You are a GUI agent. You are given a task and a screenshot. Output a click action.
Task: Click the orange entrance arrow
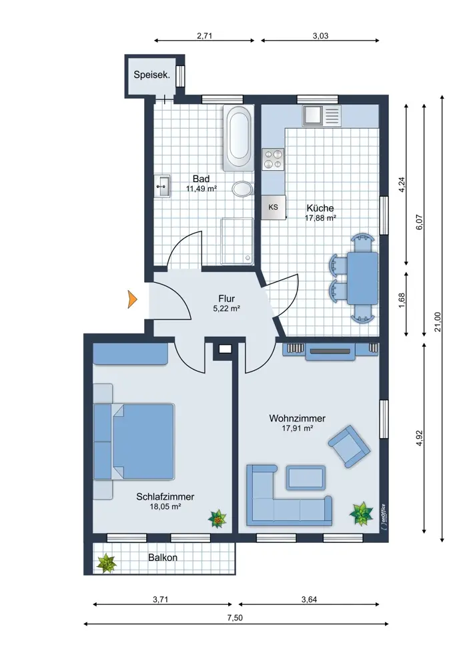(x=133, y=299)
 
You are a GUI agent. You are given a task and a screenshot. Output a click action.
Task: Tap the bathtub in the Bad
(x=238, y=138)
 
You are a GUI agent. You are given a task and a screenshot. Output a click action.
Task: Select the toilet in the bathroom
(x=243, y=189)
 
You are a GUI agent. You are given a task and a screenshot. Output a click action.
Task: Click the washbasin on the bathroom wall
(x=162, y=186)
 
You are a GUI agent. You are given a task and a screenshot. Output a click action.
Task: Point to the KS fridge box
(x=274, y=207)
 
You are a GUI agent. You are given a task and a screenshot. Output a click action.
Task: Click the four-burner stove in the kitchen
(x=273, y=159)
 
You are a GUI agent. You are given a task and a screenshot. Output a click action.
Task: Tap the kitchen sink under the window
(x=322, y=115)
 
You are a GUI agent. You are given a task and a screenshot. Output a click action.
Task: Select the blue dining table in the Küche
(x=362, y=278)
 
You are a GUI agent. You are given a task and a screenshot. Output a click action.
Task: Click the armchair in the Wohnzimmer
(x=350, y=446)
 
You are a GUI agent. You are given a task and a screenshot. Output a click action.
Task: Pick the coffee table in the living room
(x=306, y=478)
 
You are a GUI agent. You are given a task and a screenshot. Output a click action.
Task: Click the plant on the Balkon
(x=106, y=563)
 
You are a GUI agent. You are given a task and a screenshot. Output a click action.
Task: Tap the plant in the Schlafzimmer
(x=217, y=518)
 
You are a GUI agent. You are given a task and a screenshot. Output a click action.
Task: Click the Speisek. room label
(x=152, y=75)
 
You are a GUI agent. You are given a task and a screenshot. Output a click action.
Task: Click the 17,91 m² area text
(x=298, y=428)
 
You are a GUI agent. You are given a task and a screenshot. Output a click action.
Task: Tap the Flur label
(x=226, y=299)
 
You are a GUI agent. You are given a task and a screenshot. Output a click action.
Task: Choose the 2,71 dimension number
(x=205, y=36)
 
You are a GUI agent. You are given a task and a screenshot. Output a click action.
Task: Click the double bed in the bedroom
(x=134, y=441)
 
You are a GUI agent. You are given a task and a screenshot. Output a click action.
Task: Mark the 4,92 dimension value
(x=419, y=438)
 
